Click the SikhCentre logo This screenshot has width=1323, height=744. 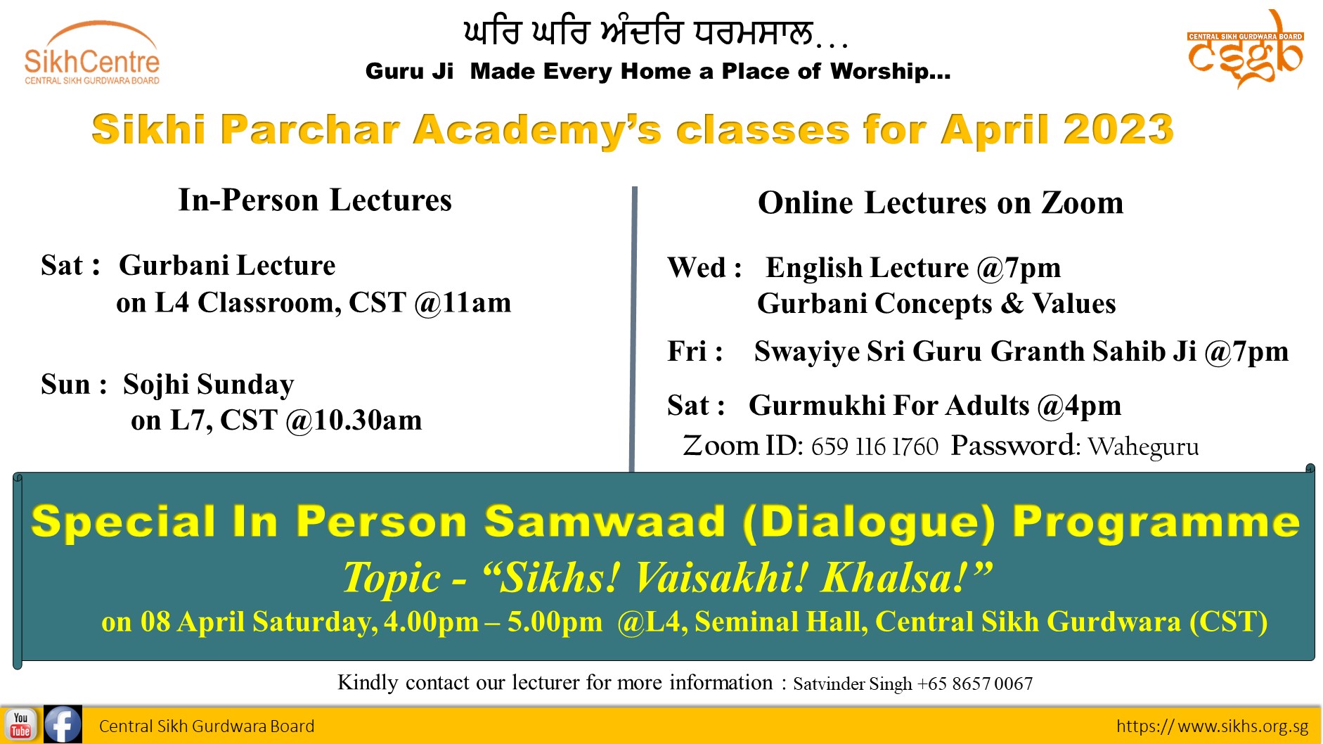[92, 53]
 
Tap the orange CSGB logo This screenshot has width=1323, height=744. [1245, 50]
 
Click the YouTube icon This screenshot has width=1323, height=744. [20, 725]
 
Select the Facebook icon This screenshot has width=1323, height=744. [63, 724]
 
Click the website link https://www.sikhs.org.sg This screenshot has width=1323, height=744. [1212, 726]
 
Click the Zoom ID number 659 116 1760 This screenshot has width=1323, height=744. [875, 447]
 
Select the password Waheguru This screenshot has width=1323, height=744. [1143, 447]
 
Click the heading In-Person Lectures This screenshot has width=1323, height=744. [315, 200]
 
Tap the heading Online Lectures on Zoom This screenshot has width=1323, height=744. [941, 203]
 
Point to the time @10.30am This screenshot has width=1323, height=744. [354, 421]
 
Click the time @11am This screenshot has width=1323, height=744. [463, 303]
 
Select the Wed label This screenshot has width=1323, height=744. [697, 268]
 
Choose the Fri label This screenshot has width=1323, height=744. [687, 351]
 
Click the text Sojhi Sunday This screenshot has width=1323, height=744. [209, 385]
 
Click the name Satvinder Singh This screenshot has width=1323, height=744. [853, 684]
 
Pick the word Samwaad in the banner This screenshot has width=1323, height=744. [605, 522]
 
